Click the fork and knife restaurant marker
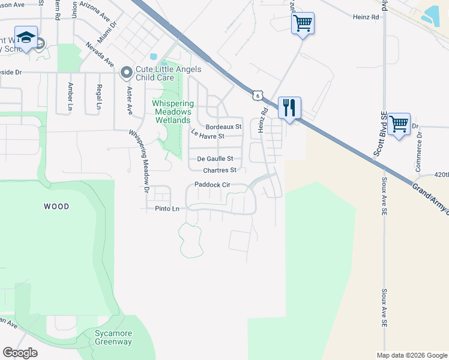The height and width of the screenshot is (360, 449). tap(289, 109)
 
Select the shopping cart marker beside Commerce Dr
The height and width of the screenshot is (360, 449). tap(399, 125)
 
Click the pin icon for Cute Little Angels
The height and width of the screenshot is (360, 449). tap(126, 73)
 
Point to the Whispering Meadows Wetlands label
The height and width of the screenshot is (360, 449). tap(172, 112)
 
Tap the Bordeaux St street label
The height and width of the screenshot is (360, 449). tap(223, 127)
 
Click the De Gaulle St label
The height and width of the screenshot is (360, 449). tap(215, 159)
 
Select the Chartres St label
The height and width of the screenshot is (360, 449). tap(220, 170)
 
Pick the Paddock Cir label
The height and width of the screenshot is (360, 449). tap(212, 185)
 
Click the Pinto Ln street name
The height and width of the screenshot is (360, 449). tap(167, 209)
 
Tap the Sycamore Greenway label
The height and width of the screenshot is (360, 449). tap(113, 337)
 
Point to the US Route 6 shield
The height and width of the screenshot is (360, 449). tap(257, 95)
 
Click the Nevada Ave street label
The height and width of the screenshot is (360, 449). tap(100, 55)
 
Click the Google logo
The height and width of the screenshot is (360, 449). tap(20, 353)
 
